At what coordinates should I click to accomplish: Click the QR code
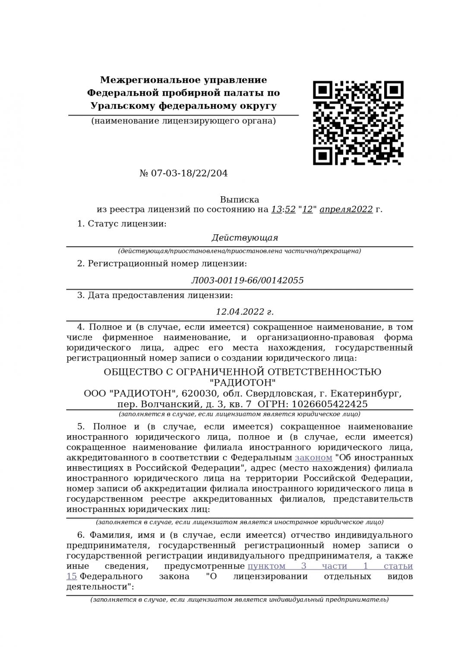[x=357, y=123]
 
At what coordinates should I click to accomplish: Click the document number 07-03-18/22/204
[x=189, y=173]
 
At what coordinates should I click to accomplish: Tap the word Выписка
[x=240, y=200]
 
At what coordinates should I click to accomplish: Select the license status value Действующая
[x=245, y=238]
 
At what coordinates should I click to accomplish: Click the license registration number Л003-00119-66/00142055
[x=247, y=280]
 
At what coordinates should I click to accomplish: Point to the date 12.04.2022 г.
[x=245, y=312]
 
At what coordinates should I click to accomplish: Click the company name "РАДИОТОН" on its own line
[x=243, y=383]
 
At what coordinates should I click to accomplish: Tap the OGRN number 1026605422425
[x=330, y=404]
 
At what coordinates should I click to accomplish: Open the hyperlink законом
[x=313, y=457]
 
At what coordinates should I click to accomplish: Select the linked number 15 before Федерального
[x=72, y=576]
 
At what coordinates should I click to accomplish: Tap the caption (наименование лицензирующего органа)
[x=183, y=121]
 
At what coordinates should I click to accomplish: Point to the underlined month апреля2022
[x=346, y=210]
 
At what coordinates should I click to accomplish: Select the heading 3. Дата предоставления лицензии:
[x=155, y=295]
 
